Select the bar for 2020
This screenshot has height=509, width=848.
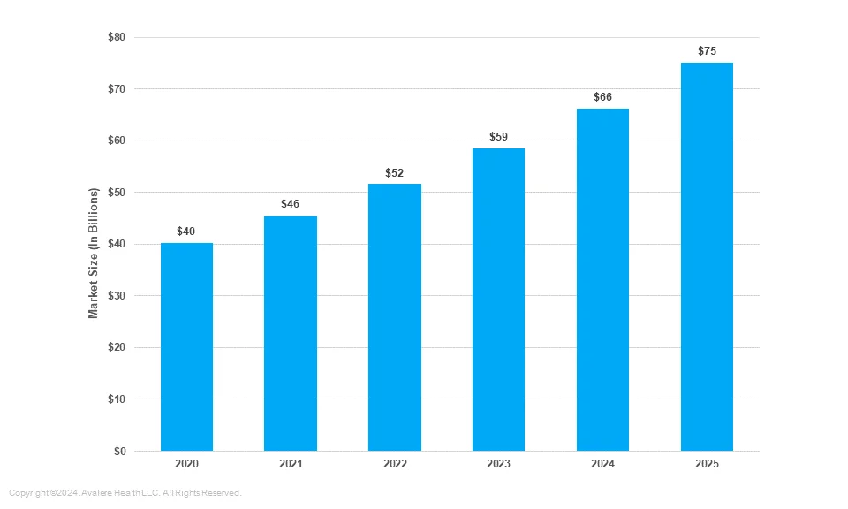186,346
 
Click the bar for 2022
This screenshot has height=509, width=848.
395,317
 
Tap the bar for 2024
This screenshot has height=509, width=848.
602,279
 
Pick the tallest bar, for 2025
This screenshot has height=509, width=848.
707,256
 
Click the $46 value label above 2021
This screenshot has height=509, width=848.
290,204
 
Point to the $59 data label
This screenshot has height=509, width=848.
498,137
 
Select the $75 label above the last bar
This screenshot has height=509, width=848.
707,51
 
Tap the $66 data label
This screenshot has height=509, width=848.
602,97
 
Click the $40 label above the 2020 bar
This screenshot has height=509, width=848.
185,232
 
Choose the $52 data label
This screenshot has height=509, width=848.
394,173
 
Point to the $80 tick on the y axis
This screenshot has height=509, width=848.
117,37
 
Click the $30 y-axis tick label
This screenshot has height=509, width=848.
117,296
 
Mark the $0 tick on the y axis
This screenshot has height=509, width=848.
119,452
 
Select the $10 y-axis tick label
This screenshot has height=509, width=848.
117,399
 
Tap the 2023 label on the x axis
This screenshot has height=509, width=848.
498,464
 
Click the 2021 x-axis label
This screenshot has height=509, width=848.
291,464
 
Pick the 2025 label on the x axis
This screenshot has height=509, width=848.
707,464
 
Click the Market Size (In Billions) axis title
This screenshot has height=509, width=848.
93,253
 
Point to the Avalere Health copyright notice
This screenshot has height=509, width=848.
125,493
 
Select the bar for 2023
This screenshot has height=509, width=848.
498,299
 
